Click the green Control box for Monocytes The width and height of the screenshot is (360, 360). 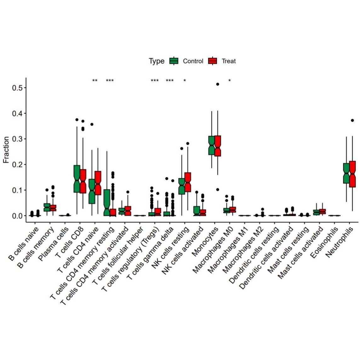(x=212, y=145)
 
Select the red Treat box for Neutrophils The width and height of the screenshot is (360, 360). (x=352, y=174)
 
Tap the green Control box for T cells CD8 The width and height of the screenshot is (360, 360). (x=77, y=179)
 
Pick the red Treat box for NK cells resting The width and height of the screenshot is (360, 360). (x=188, y=182)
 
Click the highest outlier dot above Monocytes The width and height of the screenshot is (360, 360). (x=218, y=84)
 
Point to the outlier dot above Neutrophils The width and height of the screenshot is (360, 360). (x=352, y=120)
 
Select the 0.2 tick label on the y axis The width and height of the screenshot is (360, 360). (x=18, y=164)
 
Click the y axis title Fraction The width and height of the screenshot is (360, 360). (x=6, y=150)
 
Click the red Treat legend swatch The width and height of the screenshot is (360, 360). (x=213, y=61)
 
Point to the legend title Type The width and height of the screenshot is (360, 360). (x=157, y=61)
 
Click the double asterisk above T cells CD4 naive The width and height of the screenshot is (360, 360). (x=95, y=81)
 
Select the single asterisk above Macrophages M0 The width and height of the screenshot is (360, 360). (x=230, y=81)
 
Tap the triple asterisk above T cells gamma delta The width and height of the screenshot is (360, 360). (x=169, y=81)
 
